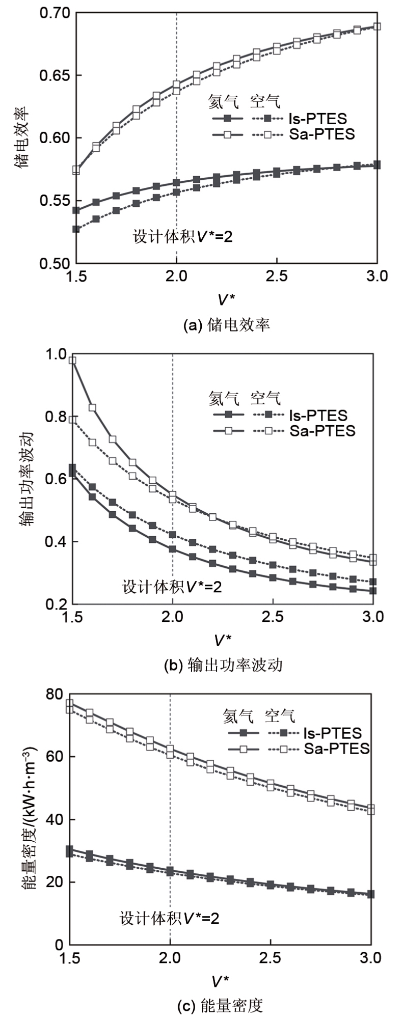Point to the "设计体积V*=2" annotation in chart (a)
pyautogui.click(x=183, y=236)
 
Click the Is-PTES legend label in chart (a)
pyautogui.click(x=317, y=119)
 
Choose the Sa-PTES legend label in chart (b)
pyautogui.click(x=323, y=431)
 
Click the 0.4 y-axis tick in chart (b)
pyautogui.click(x=56, y=542)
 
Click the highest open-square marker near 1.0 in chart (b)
pyautogui.click(x=72, y=361)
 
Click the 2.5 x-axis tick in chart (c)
pyautogui.click(x=270, y=958)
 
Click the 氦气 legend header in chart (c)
pyautogui.click(x=238, y=716)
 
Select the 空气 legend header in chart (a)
pyautogui.click(x=265, y=101)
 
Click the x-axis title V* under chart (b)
pyautogui.click(x=222, y=640)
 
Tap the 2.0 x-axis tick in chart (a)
pyautogui.click(x=176, y=277)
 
